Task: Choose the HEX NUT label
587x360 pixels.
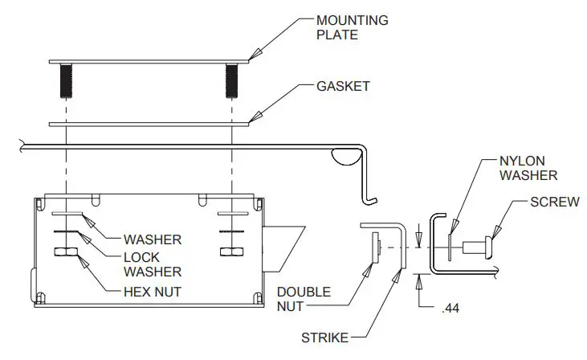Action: pos(153,292)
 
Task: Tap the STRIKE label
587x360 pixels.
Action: pos(326,338)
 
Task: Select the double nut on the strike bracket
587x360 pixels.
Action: pos(376,247)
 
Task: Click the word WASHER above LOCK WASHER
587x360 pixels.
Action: pos(153,239)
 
